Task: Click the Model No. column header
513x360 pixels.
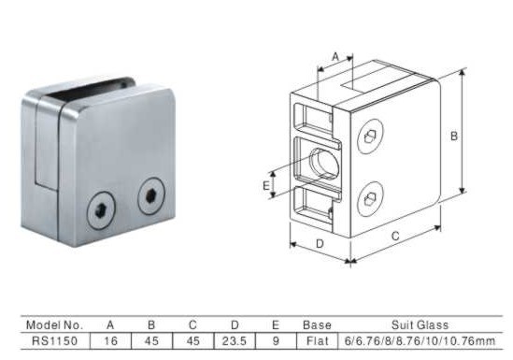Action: click(x=54, y=325)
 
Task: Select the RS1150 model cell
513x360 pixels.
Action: click(x=54, y=341)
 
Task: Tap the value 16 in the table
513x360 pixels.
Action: click(x=110, y=341)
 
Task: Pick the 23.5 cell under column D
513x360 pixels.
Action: click(x=235, y=341)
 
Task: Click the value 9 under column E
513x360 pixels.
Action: click(x=276, y=341)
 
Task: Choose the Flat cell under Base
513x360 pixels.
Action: click(x=317, y=341)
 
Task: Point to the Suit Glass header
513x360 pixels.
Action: click(x=420, y=325)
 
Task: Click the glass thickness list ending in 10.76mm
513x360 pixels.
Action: click(x=420, y=341)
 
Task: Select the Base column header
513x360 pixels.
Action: click(x=317, y=325)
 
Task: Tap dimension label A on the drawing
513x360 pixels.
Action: click(x=335, y=57)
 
